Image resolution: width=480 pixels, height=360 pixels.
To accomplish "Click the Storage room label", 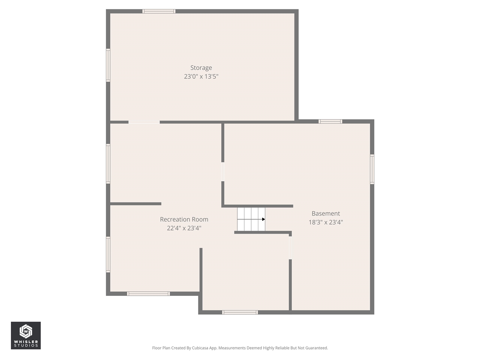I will click(x=201, y=68).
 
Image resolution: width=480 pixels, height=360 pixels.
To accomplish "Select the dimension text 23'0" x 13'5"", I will click(x=201, y=76).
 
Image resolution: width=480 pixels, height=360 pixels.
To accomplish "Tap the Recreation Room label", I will click(x=184, y=219).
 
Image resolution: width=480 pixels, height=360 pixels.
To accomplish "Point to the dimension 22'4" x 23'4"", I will click(x=184, y=228).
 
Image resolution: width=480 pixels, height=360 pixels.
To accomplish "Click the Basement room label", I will click(x=325, y=214).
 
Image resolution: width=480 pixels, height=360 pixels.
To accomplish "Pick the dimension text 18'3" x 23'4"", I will click(x=325, y=222).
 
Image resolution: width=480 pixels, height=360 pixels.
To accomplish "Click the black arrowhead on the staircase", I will click(x=264, y=219).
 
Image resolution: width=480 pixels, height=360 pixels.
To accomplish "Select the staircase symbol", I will click(x=251, y=219).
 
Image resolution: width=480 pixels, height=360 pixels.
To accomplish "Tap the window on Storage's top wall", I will click(x=159, y=11).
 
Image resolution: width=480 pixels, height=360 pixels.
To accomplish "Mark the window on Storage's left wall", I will click(x=108, y=65).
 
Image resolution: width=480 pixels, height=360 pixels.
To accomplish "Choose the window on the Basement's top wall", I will click(x=330, y=121).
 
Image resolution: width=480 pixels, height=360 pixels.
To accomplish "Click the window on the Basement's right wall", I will click(x=372, y=169).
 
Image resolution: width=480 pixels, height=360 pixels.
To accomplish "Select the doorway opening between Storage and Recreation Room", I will click(x=144, y=122).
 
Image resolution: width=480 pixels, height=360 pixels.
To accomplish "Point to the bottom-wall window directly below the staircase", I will click(x=240, y=312).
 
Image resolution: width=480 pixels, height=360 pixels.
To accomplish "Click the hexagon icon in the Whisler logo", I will click(x=25, y=331).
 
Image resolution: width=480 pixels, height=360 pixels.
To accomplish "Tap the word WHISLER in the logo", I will click(x=25, y=342).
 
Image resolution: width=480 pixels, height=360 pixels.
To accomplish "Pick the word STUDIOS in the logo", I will click(x=25, y=346).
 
